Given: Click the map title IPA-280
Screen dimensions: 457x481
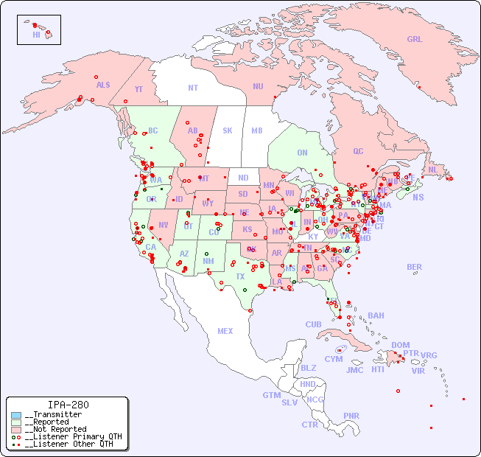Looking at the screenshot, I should tap(68, 405).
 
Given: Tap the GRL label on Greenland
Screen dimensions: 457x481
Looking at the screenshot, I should tap(415, 40).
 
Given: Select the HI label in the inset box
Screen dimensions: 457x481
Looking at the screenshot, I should tap(36, 35).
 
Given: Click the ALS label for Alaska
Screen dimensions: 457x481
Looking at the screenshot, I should tap(103, 85).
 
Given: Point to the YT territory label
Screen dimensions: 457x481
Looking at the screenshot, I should tap(138, 89).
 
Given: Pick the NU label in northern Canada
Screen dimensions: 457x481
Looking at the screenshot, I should tap(258, 86).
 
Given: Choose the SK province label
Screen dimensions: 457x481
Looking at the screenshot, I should tap(228, 130).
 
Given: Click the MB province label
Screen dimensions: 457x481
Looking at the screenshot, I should tap(257, 130).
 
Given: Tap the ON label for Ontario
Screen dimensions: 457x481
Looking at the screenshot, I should tap(302, 153).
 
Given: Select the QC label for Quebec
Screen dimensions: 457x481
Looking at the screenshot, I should tap(358, 151).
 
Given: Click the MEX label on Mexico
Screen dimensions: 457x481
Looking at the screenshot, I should tap(225, 331).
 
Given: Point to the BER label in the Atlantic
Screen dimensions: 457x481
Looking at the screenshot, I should tap(414, 267).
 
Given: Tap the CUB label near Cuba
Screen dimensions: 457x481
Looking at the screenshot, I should tap(313, 324).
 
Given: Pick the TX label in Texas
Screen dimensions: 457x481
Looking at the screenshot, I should tap(240, 276).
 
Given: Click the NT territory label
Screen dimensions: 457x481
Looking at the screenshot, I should tap(193, 87).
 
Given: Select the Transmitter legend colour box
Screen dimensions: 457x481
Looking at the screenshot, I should tap(16, 415).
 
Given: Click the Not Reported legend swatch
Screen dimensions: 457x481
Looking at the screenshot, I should tap(16, 429).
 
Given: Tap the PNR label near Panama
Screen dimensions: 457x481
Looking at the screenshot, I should tap(351, 416).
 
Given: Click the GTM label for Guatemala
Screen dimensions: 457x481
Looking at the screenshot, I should tap(271, 395).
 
